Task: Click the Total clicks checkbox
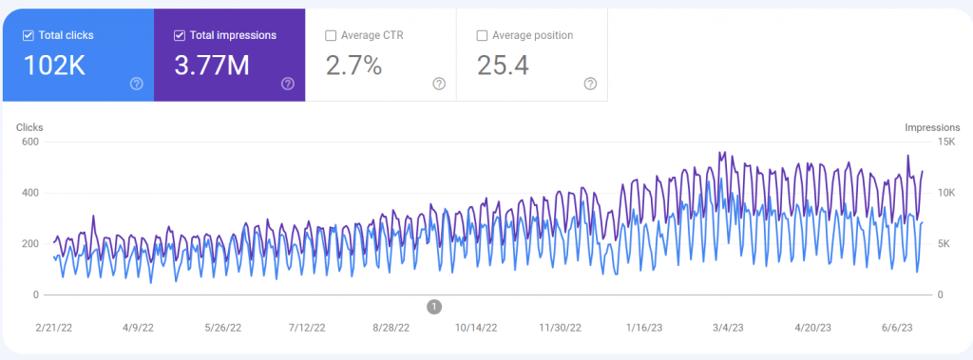pos(28,36)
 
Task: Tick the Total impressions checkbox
pos(180,36)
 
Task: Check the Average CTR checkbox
pos(331,36)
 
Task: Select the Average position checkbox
pos(483,36)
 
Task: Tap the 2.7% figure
pos(354,66)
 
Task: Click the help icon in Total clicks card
pos(136,84)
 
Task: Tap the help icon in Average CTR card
pos(439,84)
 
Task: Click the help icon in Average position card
pos(590,84)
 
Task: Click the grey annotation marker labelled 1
pos(434,306)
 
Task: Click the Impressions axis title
pos(932,127)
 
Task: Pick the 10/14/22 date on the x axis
pos(477,326)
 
